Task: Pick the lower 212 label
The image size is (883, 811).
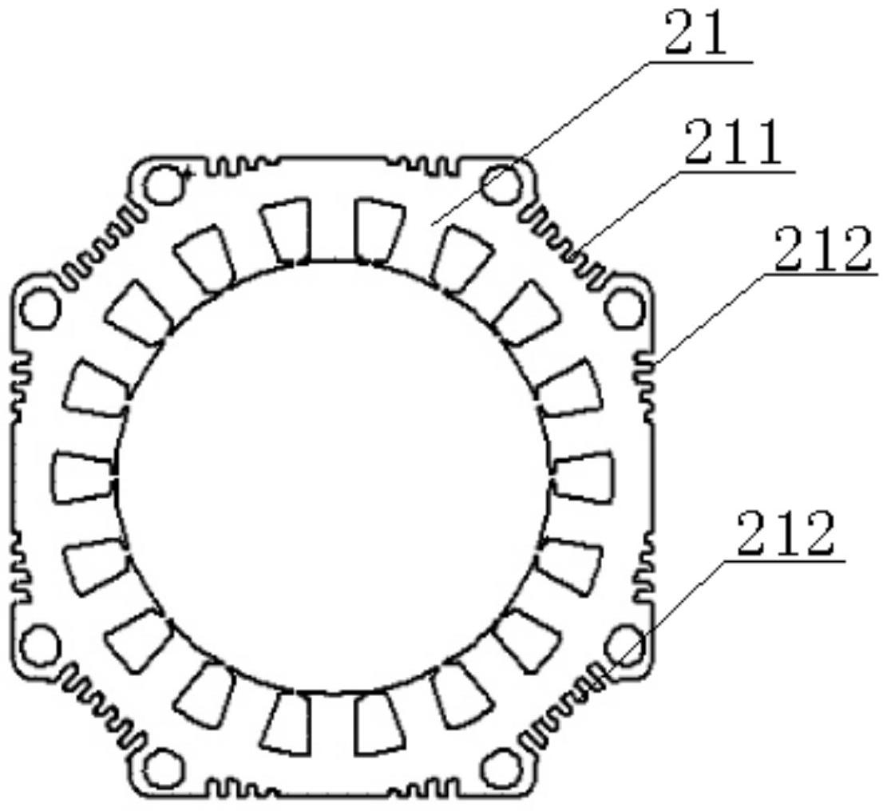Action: click(x=785, y=532)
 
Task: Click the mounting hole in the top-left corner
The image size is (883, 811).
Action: click(x=163, y=184)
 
